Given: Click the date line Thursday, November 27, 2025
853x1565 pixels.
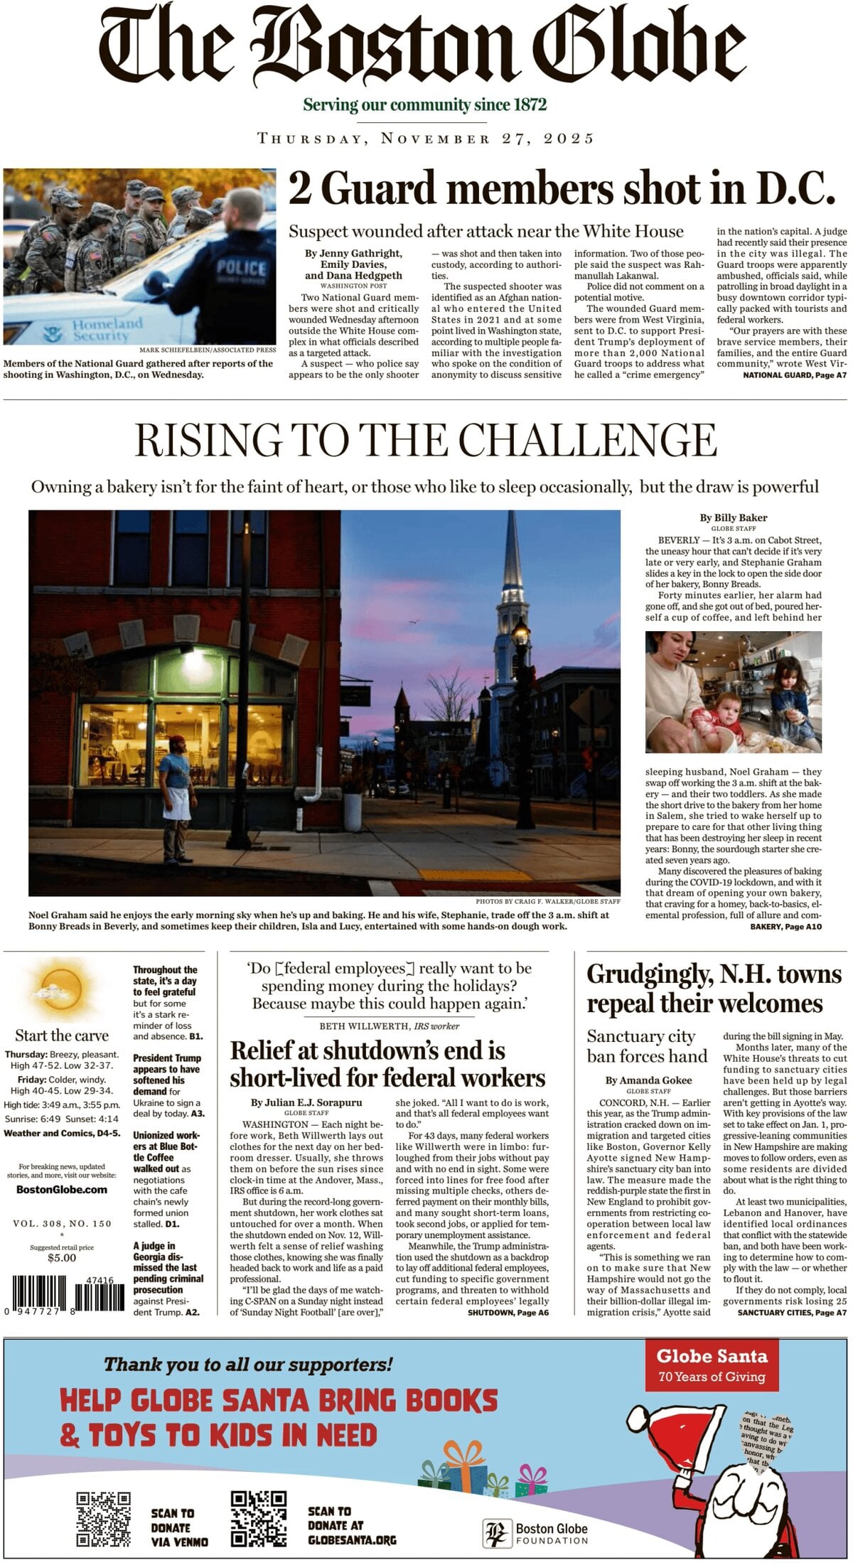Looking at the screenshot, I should (426, 138).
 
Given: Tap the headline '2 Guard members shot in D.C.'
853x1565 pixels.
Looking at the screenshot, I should (562, 189).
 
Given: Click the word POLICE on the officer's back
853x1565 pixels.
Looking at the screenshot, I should (241, 267).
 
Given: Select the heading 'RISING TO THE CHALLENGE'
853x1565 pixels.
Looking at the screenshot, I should (426, 440).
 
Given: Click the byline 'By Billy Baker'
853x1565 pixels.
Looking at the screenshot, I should (733, 517).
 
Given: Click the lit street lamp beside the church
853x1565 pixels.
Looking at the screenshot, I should (521, 633).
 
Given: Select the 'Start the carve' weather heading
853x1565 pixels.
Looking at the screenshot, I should (62, 1036).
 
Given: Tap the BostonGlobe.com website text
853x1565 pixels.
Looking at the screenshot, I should (62, 1190).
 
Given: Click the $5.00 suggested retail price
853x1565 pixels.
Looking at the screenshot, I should (62, 1258).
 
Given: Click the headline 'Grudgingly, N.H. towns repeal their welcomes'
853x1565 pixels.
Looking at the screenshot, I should (714, 988).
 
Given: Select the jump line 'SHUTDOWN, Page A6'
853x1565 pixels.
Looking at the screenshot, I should (508, 1313).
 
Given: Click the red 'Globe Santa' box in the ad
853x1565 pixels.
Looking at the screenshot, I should (712, 1365).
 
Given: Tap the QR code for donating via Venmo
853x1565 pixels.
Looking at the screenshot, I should (104, 1520).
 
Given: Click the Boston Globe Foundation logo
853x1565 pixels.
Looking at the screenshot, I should (536, 1534).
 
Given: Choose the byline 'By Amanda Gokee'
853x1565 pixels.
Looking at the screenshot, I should (648, 1080).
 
